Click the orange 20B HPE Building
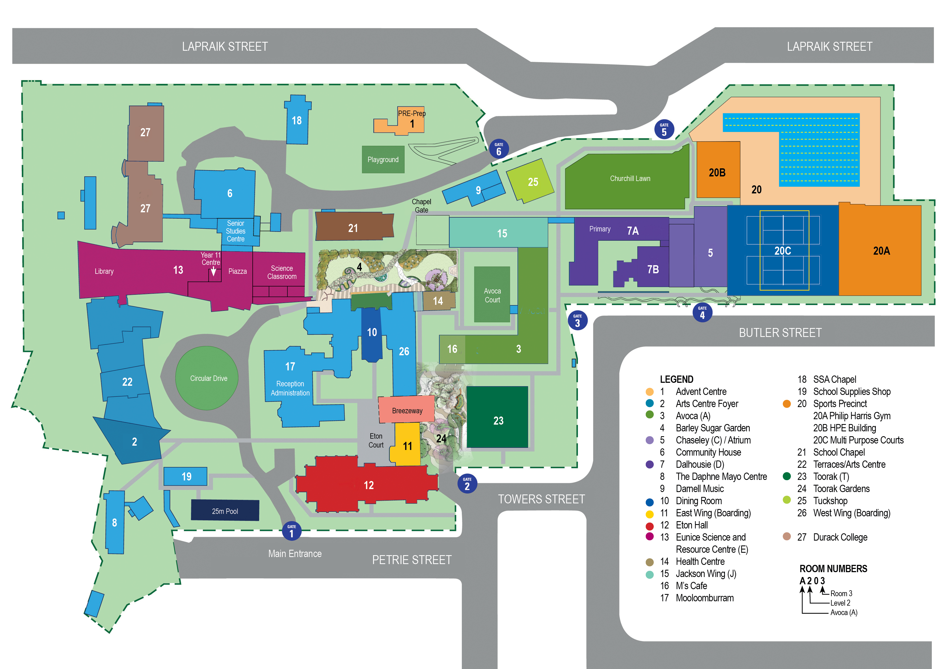(718, 170)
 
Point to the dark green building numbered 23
(498, 417)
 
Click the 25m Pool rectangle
(225, 510)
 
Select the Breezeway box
(407, 410)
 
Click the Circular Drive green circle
(207, 378)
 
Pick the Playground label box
(383, 159)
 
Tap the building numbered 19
(186, 476)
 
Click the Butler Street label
(780, 333)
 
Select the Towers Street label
(541, 499)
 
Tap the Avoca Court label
(492, 295)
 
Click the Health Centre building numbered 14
(438, 301)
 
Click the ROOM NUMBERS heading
(833, 568)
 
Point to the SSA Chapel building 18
(297, 120)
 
